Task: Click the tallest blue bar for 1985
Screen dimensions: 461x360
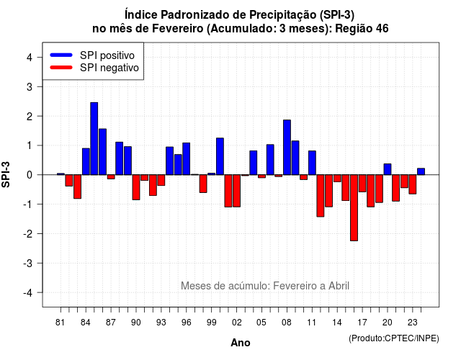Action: [94, 139]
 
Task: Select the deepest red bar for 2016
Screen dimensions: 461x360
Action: [354, 208]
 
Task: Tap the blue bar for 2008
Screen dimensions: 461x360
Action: [287, 147]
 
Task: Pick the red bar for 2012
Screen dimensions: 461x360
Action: [321, 196]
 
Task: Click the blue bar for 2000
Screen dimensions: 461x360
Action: [220, 156]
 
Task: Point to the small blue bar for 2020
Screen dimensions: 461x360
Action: [388, 169]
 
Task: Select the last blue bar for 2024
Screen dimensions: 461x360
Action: [421, 171]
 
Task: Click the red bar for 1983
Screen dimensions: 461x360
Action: [77, 186]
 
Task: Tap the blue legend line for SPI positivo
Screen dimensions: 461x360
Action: [61, 55]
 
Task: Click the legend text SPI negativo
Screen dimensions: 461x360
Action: [109, 68]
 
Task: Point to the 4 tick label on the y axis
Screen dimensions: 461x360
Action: [30, 58]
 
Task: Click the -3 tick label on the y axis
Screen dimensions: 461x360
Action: [27, 263]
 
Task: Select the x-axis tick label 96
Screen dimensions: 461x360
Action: [187, 323]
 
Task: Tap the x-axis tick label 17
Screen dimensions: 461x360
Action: [362, 323]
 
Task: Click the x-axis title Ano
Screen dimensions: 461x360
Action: [241, 343]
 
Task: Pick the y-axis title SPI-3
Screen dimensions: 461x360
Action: [6, 174]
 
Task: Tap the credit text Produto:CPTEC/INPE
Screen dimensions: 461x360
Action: [394, 338]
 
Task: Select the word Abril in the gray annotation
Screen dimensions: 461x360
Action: [339, 286]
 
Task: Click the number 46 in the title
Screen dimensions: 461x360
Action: [382, 29]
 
